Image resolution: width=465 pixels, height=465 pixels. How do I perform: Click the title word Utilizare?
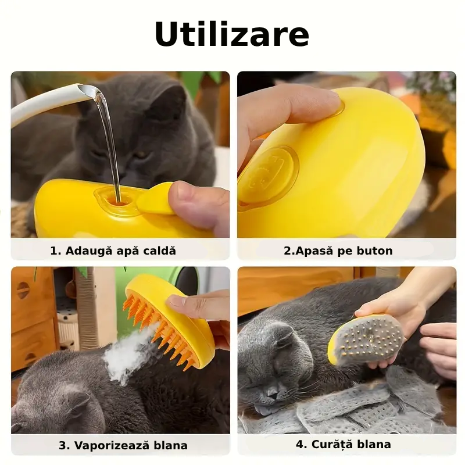click(232, 34)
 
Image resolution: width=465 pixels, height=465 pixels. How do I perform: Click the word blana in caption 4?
click(374, 444)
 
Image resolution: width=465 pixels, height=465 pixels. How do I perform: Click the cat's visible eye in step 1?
click(141, 155)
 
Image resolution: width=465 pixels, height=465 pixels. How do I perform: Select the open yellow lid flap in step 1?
click(155, 198)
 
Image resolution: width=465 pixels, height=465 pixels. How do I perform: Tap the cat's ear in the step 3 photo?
click(78, 406)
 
